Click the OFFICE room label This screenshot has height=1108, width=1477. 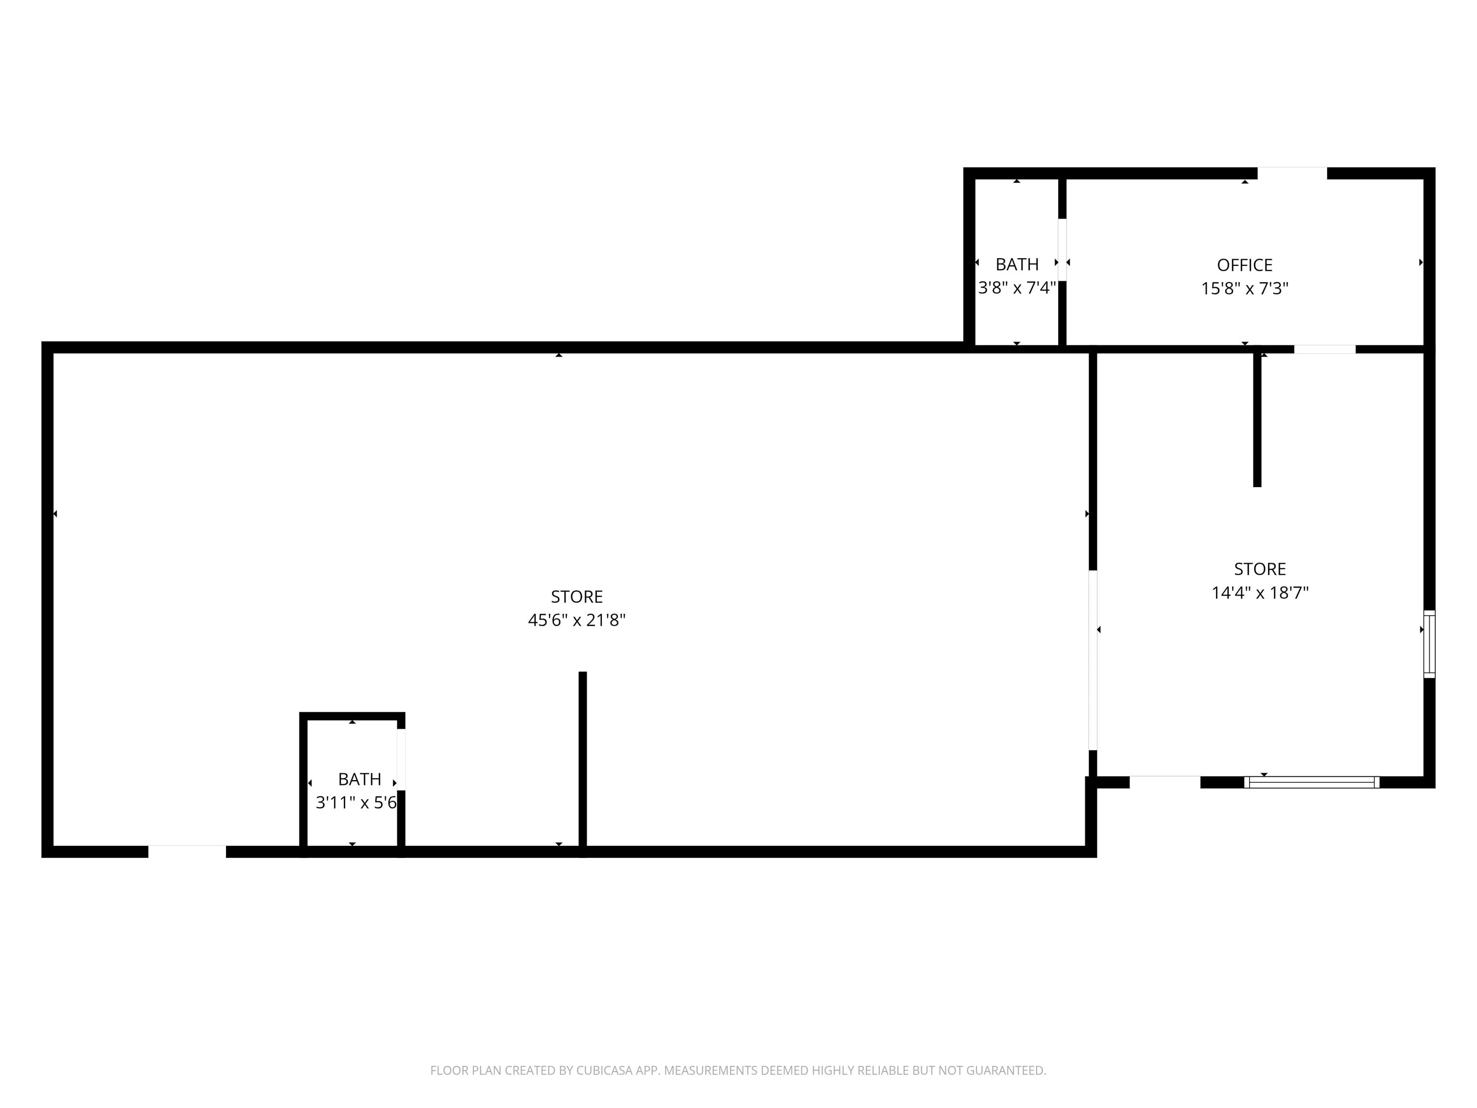(1245, 265)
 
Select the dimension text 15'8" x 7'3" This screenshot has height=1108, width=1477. (1245, 289)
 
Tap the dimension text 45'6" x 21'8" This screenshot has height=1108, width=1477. (577, 620)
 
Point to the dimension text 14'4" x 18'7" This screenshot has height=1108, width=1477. (1260, 593)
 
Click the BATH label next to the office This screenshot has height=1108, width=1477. (1017, 264)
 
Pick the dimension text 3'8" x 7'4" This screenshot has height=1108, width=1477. (1017, 288)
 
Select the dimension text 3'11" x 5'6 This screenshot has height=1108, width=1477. (356, 803)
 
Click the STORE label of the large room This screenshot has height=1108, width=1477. (577, 596)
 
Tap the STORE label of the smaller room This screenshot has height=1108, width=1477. (1260, 569)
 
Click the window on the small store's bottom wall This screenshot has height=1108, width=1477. (1312, 782)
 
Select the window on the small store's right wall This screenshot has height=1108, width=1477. (1429, 644)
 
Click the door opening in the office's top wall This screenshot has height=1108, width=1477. (1292, 174)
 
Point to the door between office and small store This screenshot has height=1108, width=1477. (1325, 349)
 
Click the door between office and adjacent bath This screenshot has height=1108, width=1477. (1062, 250)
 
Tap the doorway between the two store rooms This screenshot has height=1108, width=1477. (1092, 660)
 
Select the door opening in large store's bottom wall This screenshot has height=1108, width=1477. (187, 852)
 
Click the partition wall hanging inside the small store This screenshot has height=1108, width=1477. (1257, 419)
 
